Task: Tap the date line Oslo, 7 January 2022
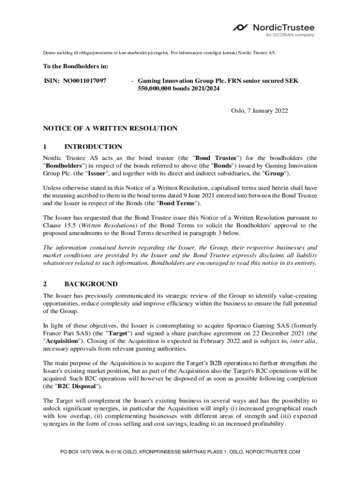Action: (259, 111)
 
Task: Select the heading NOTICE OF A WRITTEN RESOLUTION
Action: (110, 128)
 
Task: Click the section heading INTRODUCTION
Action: (93, 147)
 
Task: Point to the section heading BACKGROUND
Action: (91, 284)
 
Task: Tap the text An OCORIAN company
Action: (290, 35)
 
